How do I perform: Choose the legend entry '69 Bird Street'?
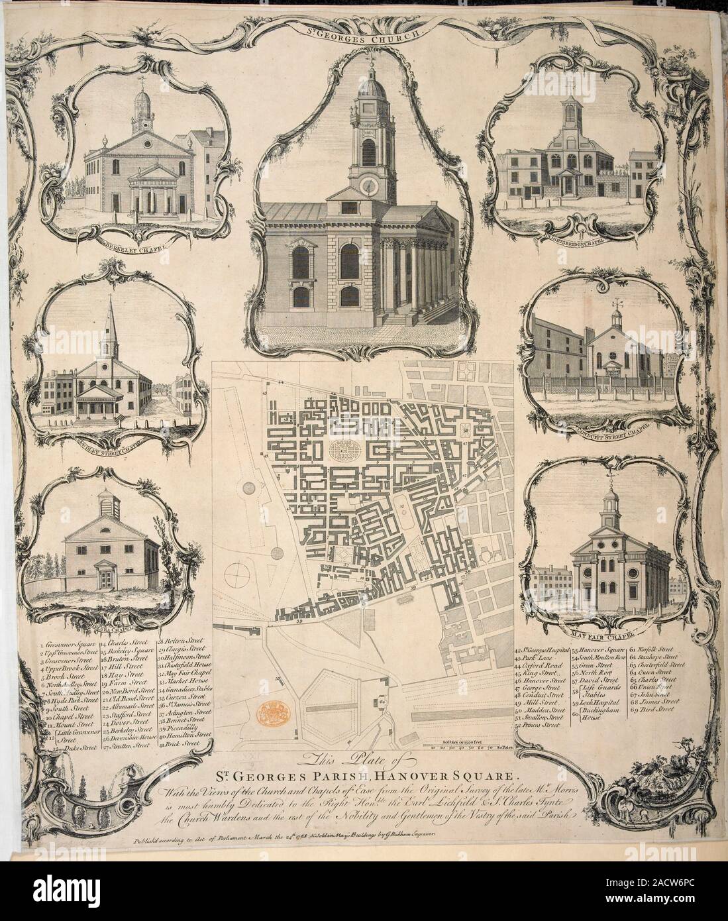[656, 708]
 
